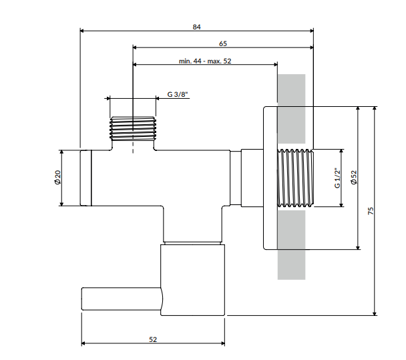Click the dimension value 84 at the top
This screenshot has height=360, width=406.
196,27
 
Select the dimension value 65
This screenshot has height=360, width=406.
222,44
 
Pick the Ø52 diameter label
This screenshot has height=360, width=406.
354,178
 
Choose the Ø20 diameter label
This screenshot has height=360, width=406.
57,178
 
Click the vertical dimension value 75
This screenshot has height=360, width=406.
371,210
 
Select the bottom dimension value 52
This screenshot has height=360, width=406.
153,339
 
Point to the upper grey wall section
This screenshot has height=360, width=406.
291,89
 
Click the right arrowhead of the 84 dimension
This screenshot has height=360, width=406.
311,30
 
